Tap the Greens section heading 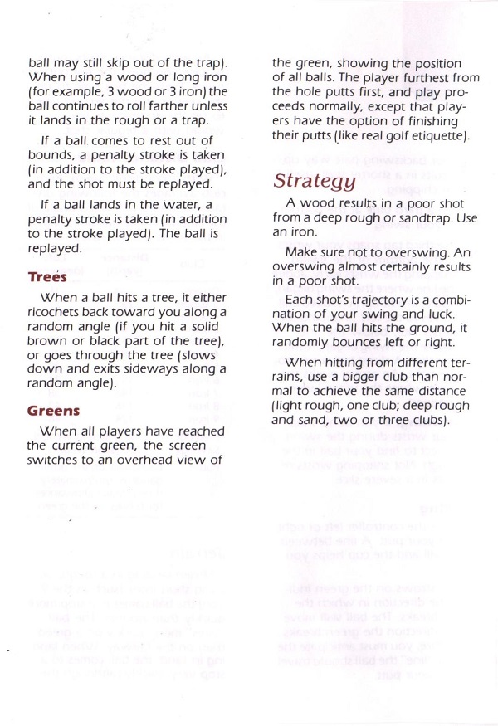53,409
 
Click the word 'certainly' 391,266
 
